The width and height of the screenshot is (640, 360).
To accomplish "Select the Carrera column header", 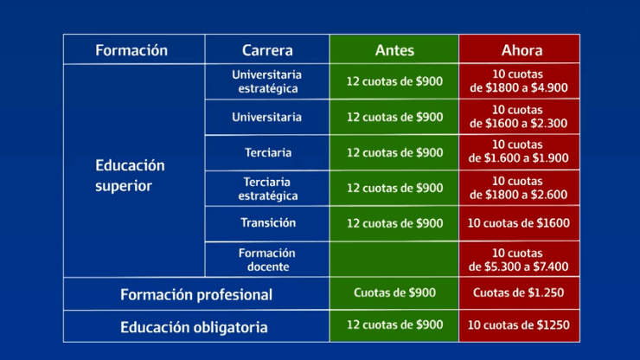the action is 267,49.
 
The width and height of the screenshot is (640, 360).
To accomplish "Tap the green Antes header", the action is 394,49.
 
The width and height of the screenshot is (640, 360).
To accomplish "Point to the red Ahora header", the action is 519,49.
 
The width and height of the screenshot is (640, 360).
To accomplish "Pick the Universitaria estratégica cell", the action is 267,81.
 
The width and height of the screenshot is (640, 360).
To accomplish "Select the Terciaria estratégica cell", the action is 267,189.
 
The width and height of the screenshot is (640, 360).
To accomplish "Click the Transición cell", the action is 267,223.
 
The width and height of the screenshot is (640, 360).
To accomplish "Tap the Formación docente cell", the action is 267,260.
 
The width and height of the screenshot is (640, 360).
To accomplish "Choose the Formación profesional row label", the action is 196,294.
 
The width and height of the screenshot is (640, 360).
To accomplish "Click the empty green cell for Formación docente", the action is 394,260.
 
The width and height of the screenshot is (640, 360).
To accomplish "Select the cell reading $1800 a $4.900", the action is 519,81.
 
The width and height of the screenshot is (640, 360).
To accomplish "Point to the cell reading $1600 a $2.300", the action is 519,117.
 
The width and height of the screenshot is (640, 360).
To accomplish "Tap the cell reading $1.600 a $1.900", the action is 519,152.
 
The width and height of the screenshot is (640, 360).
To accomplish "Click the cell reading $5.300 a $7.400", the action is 519,260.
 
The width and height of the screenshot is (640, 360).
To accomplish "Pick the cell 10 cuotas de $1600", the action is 519,223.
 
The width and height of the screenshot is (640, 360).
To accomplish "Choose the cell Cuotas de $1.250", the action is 519,293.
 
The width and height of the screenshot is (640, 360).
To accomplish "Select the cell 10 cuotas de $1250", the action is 519,325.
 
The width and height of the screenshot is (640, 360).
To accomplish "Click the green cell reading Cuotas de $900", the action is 394,293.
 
